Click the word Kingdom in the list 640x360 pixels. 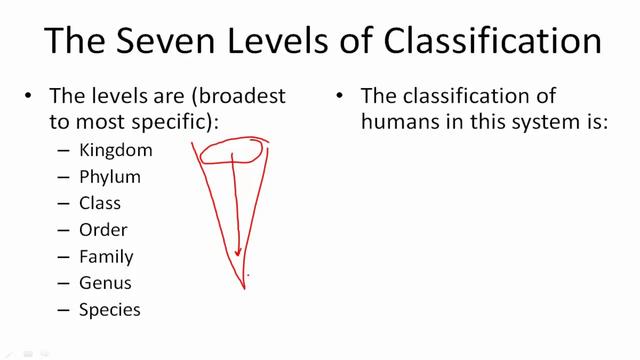click(x=116, y=151)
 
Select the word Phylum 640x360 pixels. click(x=110, y=178)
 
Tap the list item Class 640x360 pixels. click(x=100, y=204)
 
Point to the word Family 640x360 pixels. click(x=106, y=257)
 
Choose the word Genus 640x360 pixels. click(x=105, y=283)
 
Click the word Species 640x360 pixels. click(x=110, y=310)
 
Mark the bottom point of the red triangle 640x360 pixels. click(x=245, y=288)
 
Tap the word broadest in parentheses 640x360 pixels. click(x=232, y=97)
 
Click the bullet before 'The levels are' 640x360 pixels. click(x=29, y=97)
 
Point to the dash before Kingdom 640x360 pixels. click(x=64, y=151)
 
